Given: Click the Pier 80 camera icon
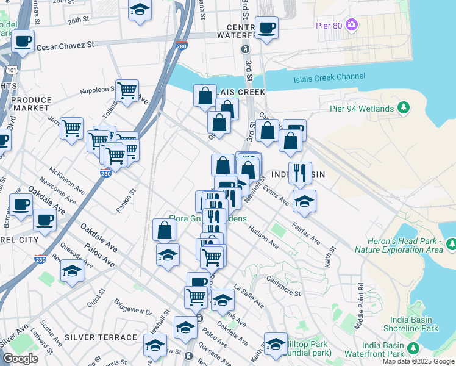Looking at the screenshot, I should point(351,25).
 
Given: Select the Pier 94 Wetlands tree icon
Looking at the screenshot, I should point(403,108).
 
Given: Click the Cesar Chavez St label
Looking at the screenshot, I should point(66,46).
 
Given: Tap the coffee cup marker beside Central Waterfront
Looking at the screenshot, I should point(266,27).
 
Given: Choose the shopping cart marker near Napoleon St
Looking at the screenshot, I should point(127,91).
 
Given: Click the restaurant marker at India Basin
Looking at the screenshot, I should point(300,173).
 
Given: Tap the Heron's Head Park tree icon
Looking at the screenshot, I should point(451,244).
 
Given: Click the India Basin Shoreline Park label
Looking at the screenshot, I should point(410,324).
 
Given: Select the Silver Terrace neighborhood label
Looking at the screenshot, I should point(101,337).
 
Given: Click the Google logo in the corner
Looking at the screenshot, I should point(20,359).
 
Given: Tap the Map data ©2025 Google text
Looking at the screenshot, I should point(418,361).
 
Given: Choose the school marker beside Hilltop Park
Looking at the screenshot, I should point(276,343).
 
